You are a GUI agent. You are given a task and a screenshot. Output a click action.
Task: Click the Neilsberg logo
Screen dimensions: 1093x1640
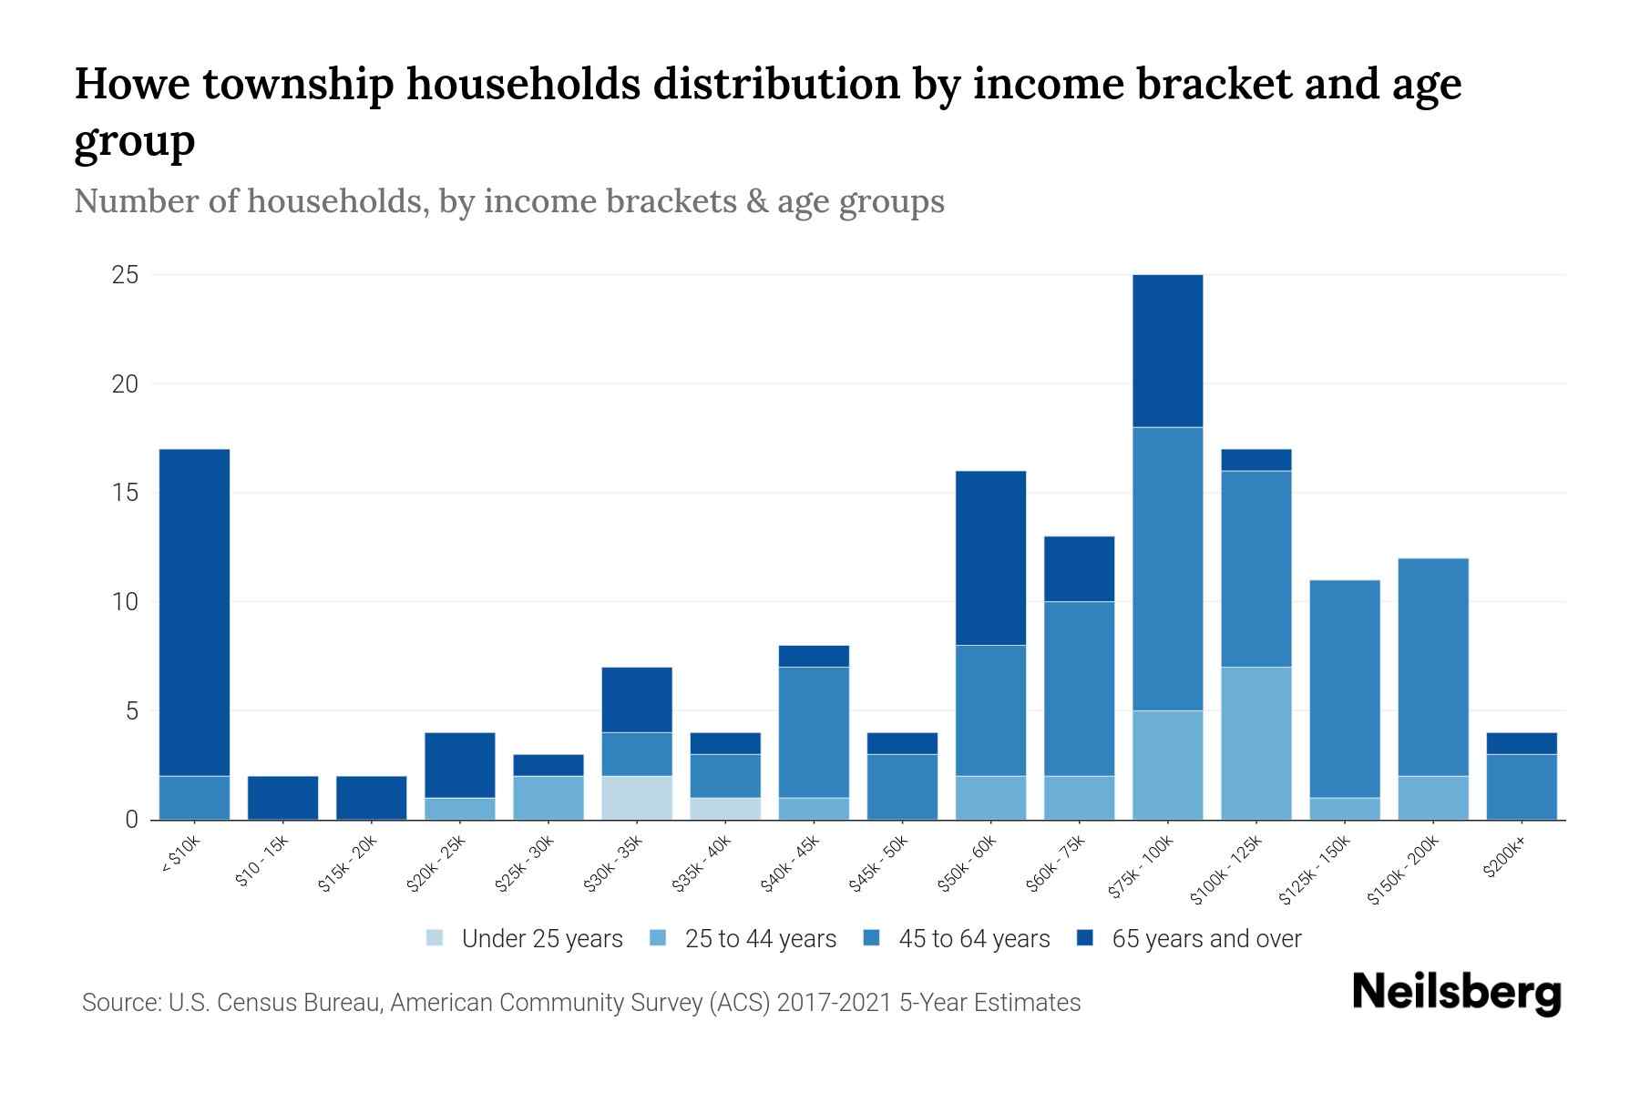point(1456,993)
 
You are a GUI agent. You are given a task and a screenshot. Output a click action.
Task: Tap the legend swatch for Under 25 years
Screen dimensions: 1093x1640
point(435,938)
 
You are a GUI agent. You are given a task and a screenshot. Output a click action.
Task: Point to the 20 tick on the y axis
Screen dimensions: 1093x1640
point(125,384)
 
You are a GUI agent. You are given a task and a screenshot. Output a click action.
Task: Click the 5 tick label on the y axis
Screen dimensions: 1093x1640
point(131,711)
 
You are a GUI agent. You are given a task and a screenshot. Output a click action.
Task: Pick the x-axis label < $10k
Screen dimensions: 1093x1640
point(180,856)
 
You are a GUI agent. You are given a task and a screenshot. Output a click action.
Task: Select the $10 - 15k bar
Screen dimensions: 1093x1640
point(282,798)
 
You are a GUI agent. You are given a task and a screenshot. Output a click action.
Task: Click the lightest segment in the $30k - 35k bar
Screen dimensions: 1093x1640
point(637,798)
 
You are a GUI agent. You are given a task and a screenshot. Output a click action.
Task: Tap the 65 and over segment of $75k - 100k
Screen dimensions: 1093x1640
point(1167,351)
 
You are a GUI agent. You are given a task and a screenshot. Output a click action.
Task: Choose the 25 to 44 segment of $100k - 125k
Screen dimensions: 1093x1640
point(1256,743)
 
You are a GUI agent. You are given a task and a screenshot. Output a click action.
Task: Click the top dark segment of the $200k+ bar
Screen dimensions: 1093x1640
point(1521,743)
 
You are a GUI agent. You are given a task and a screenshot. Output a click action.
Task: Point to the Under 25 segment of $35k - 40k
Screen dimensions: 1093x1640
point(725,809)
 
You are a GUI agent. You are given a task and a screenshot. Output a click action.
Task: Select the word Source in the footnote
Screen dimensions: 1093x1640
point(119,1003)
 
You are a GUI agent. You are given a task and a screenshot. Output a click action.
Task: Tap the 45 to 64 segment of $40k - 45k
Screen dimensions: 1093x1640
point(814,732)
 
